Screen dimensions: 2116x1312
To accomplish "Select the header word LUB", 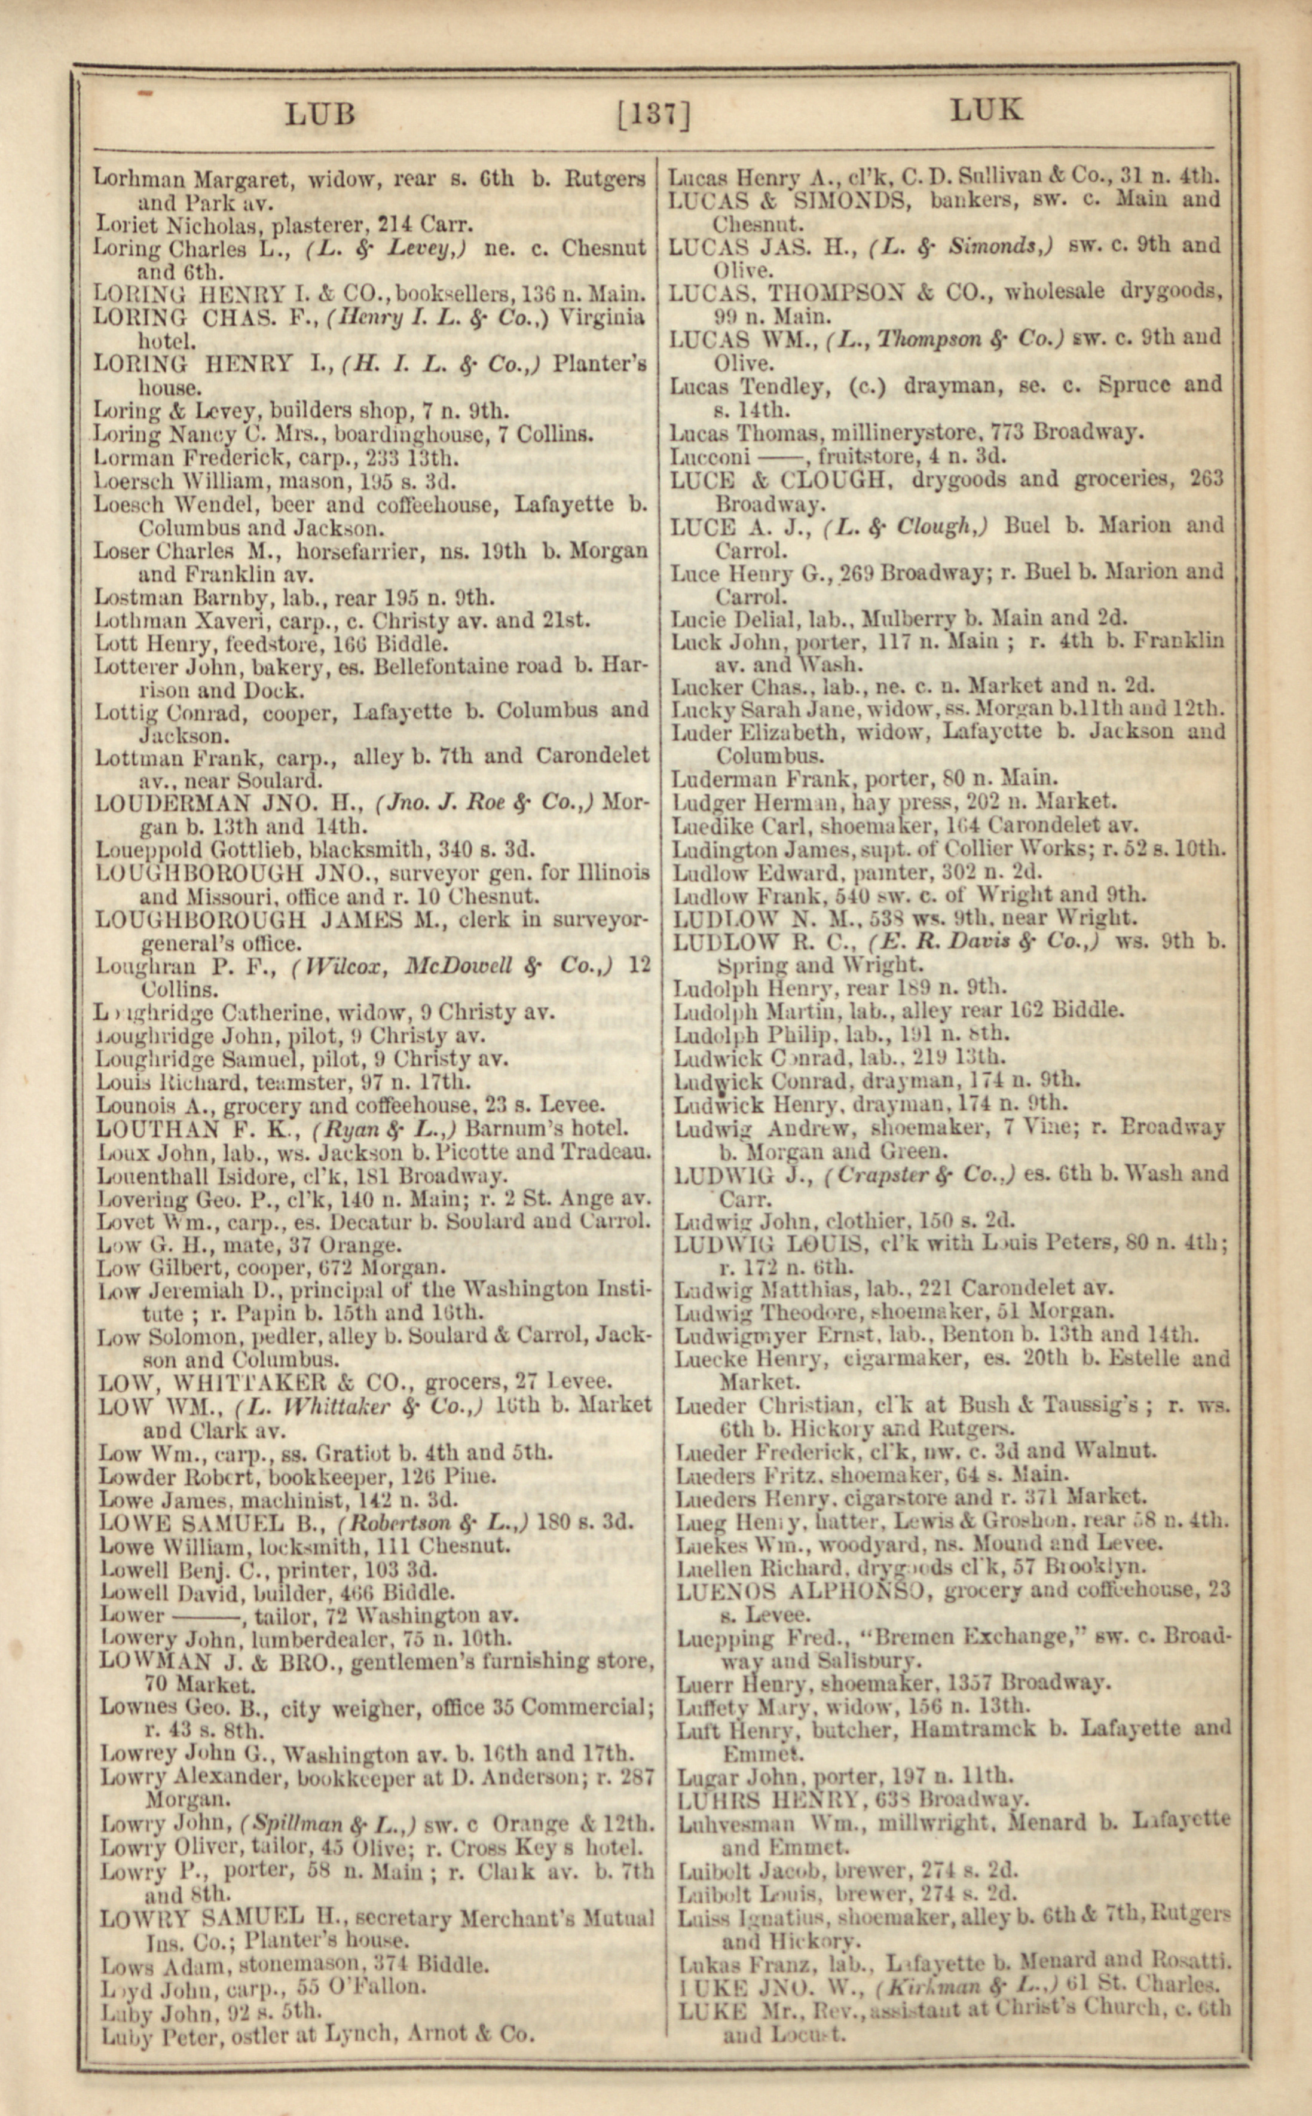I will (x=320, y=114).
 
